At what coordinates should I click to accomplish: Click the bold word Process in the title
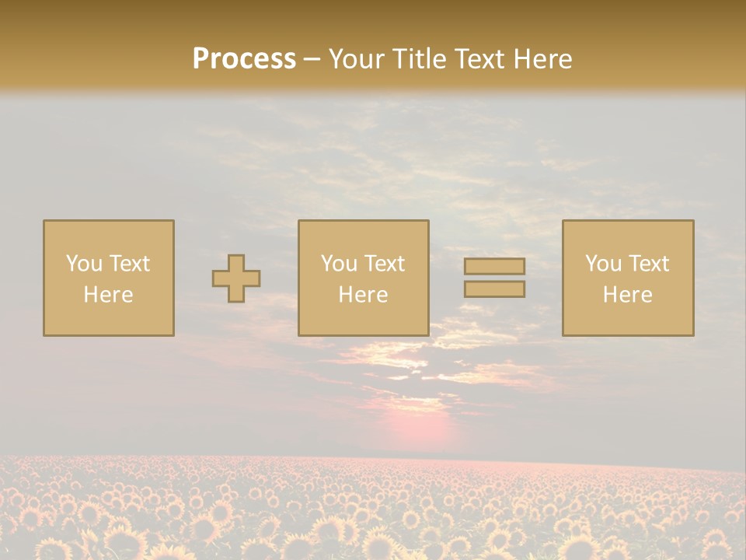click(244, 59)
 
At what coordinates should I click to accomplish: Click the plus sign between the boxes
click(236, 278)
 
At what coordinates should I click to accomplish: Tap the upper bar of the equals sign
click(494, 267)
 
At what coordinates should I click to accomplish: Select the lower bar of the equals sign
click(494, 289)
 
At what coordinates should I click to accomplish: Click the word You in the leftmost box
click(83, 264)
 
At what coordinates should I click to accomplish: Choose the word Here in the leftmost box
click(108, 295)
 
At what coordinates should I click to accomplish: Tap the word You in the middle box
click(339, 264)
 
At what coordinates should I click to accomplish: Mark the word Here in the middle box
click(363, 295)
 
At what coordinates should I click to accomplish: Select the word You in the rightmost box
click(603, 264)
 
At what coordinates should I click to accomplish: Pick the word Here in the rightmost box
click(627, 295)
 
